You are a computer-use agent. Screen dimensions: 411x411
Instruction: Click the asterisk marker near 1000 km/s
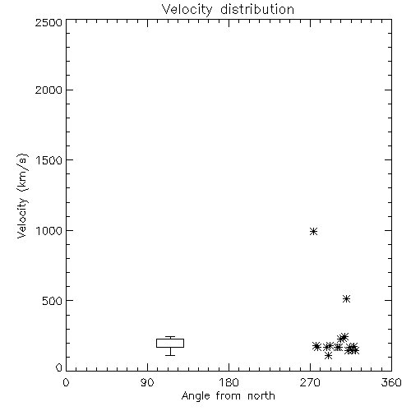pos(313,232)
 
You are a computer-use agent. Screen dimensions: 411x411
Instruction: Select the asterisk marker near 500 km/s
pos(346,298)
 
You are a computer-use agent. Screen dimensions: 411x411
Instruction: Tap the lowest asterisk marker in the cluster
pos(328,356)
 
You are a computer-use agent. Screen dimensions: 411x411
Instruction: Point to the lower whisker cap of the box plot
pos(170,355)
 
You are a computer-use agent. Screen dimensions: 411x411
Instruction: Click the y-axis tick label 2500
pos(48,22)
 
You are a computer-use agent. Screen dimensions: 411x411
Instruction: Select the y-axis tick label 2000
pos(48,90)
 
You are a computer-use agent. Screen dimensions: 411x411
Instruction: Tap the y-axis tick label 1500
pos(49,160)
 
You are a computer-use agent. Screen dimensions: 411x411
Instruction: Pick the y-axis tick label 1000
pos(49,230)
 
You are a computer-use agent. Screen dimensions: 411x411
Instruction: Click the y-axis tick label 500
pos(52,301)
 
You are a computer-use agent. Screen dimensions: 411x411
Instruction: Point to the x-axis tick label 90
pos(147,382)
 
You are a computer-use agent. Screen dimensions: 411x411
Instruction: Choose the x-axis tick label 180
pos(229,382)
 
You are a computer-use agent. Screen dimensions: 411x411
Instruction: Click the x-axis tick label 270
pos(310,382)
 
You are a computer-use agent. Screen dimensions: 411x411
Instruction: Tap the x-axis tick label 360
pos(391,382)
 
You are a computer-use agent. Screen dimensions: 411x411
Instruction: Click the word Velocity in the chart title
pos(187,10)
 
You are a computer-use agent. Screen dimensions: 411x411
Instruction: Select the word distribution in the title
pos(257,9)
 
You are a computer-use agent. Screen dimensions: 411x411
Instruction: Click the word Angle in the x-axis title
pos(196,396)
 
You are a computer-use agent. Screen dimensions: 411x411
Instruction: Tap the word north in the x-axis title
pos(261,395)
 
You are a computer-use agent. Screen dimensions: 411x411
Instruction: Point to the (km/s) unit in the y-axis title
pos(22,173)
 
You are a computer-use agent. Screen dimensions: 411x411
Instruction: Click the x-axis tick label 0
pos(66,382)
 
